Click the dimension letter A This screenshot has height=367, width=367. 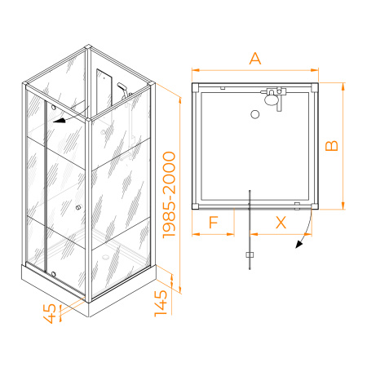(x=255, y=59)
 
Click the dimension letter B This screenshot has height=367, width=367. (x=332, y=146)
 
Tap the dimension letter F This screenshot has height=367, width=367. (x=214, y=222)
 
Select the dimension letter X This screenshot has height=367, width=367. (x=281, y=223)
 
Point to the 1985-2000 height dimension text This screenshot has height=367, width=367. (x=169, y=195)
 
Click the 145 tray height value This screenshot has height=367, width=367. (x=161, y=303)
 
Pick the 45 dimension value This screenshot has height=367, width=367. (x=50, y=313)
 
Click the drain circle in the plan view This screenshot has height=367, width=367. (x=255, y=114)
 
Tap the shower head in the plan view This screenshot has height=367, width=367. (x=271, y=99)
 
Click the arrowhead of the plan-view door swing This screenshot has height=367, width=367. (x=298, y=245)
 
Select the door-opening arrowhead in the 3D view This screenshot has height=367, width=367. (x=60, y=121)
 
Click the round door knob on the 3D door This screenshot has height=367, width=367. (x=78, y=207)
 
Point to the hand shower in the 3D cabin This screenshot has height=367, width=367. (x=123, y=89)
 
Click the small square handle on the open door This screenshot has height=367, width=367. (x=250, y=254)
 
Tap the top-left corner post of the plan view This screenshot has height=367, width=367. (x=195, y=88)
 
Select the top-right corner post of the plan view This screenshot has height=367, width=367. (x=315, y=87)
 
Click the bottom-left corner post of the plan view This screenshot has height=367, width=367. (x=195, y=206)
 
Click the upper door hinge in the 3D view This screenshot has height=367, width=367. (x=54, y=108)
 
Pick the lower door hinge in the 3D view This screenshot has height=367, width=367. (x=53, y=274)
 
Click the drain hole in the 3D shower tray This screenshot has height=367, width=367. (x=104, y=256)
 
